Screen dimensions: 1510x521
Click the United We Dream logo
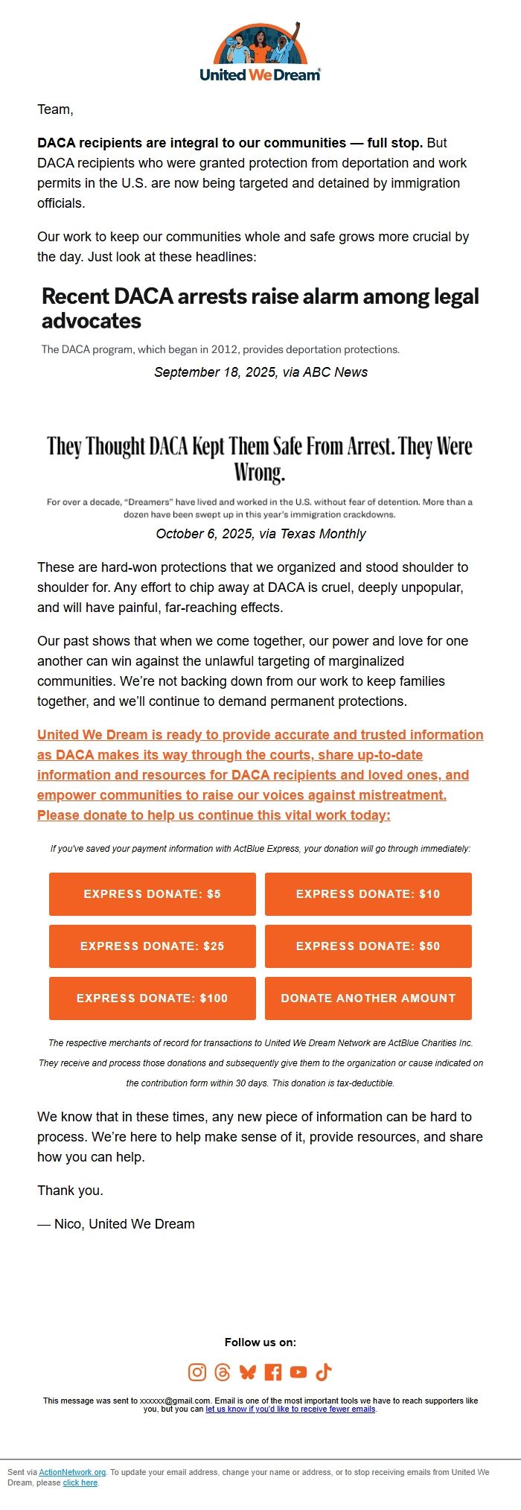(260, 52)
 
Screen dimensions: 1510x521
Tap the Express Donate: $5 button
(153, 893)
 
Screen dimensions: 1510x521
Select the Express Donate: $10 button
(368, 893)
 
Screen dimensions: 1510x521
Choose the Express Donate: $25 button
(153, 946)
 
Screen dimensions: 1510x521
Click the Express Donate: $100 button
(153, 998)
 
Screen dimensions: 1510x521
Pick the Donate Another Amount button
(368, 998)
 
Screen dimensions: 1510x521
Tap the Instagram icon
(197, 1372)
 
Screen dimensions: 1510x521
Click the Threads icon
(223, 1372)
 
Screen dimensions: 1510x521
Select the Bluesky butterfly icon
(248, 1372)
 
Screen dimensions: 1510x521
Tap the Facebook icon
(273, 1372)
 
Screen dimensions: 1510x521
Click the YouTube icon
(298, 1372)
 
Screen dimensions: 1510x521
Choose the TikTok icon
(324, 1372)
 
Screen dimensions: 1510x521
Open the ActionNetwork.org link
(72, 1472)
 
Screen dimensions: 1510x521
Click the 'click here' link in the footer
(80, 1482)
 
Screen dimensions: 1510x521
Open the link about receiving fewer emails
(290, 1409)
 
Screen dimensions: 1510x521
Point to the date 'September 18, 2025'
(215, 372)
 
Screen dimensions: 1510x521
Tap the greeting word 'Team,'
(55, 109)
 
